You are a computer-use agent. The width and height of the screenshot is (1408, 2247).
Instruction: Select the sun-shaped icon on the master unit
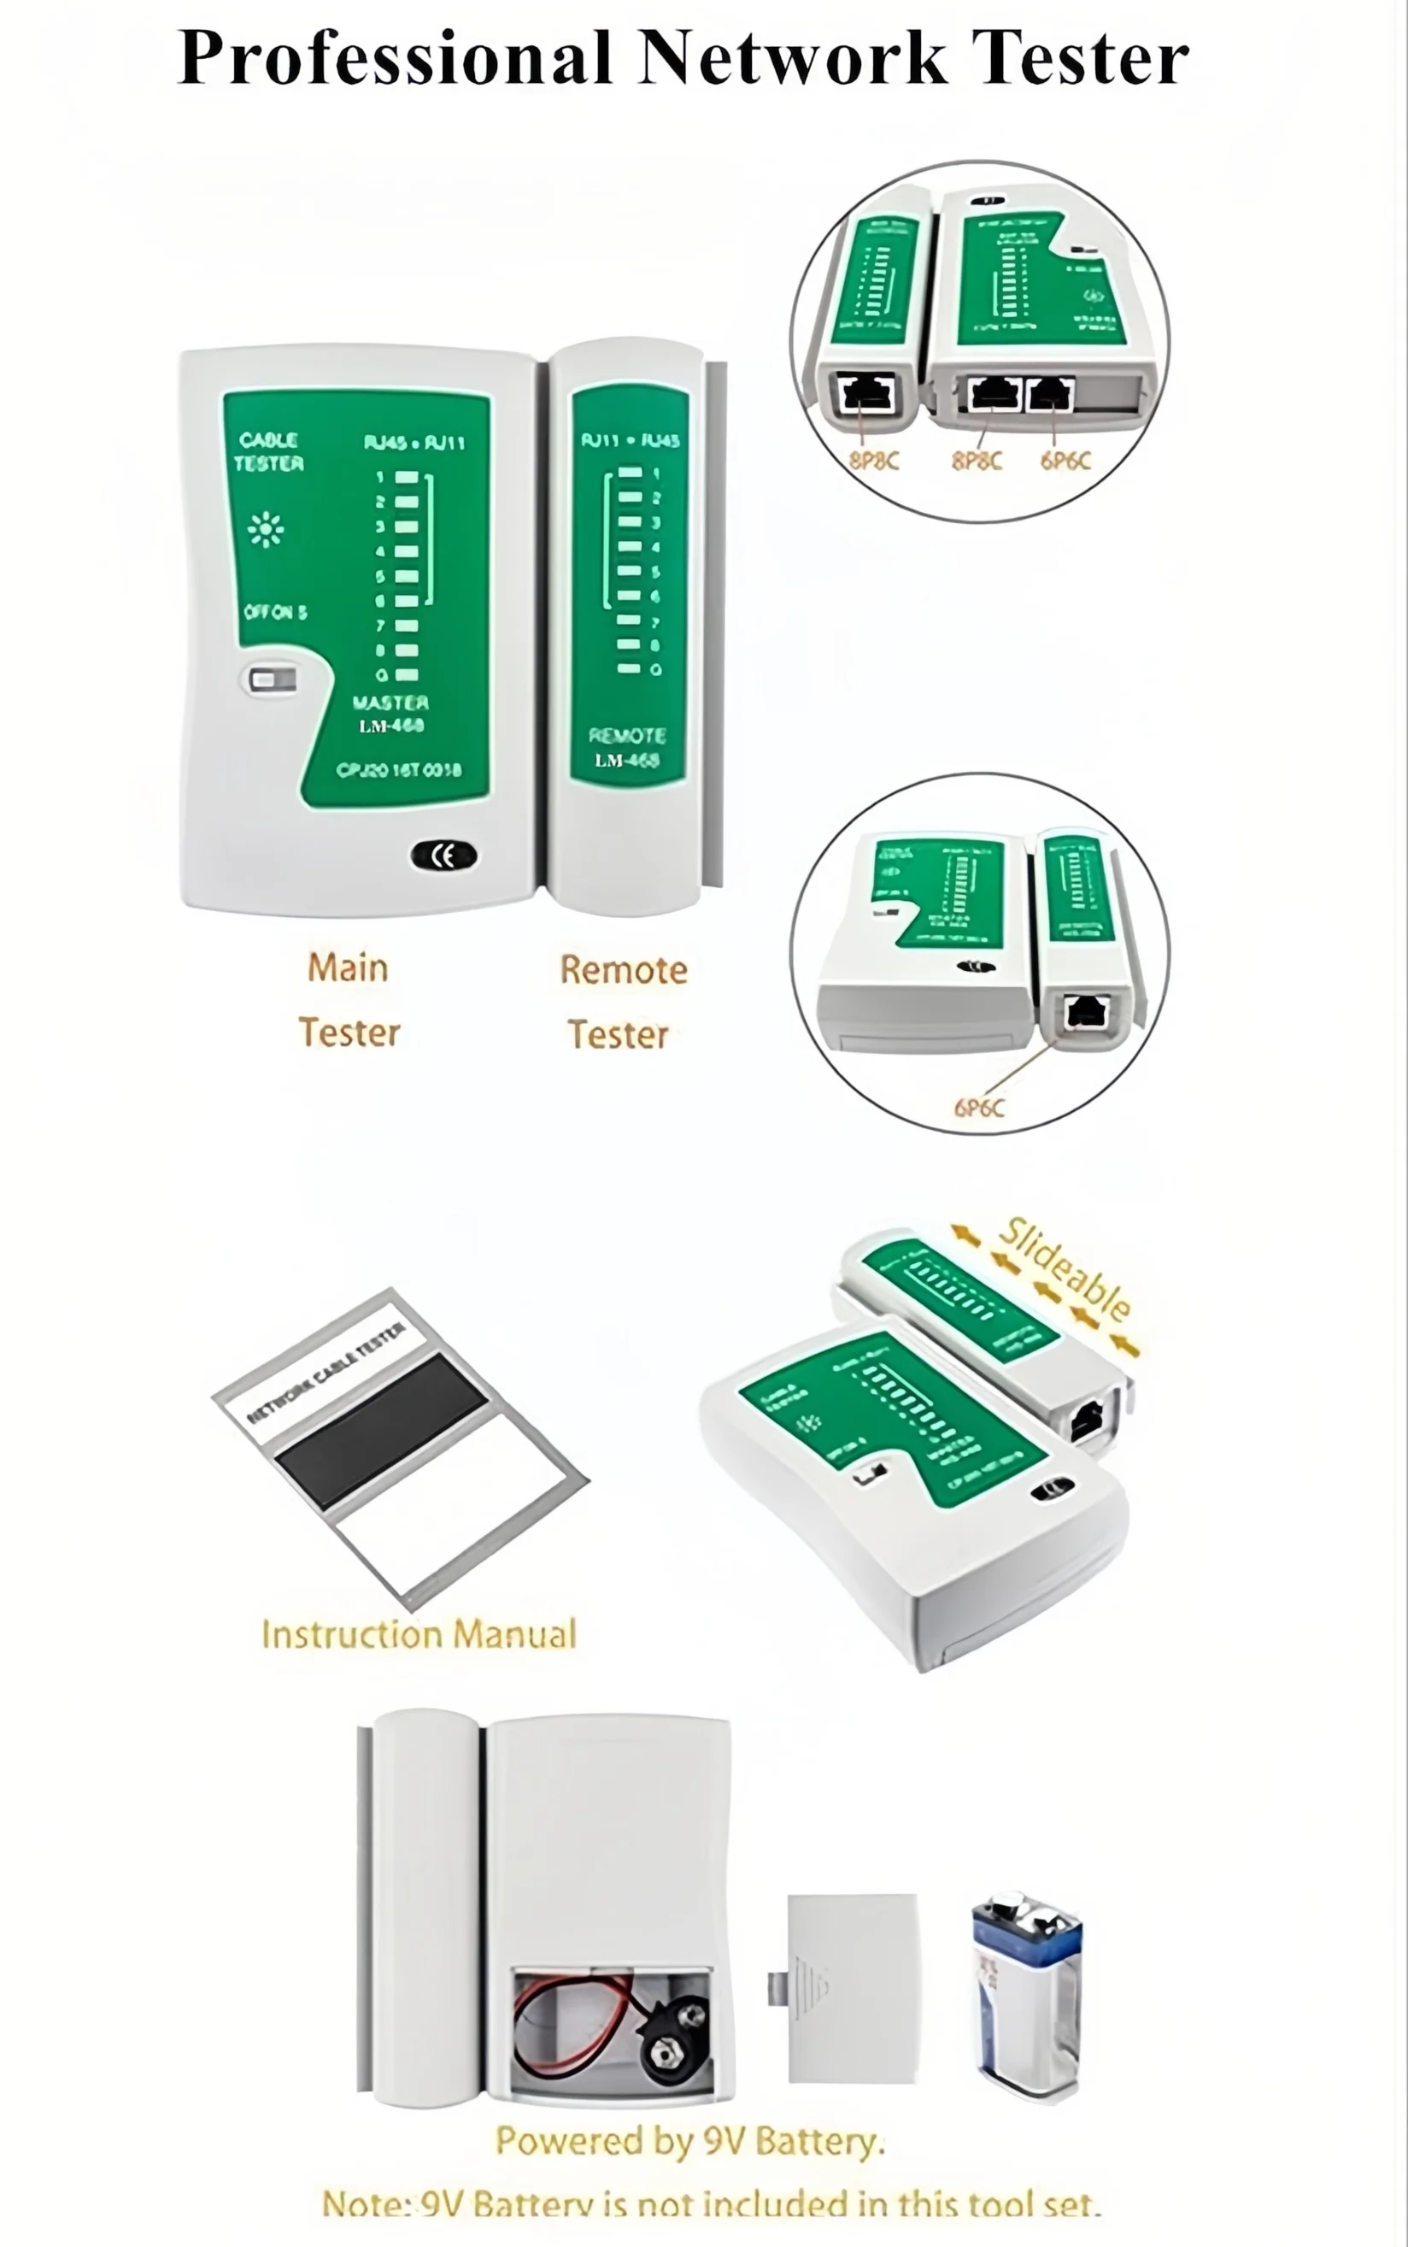click(267, 529)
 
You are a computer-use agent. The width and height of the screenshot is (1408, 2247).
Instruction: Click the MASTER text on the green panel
click(391, 703)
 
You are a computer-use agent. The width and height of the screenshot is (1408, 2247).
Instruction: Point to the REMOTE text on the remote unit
click(627, 735)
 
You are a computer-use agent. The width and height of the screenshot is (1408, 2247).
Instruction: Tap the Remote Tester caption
click(622, 1002)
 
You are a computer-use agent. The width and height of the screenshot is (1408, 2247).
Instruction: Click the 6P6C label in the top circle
click(1065, 460)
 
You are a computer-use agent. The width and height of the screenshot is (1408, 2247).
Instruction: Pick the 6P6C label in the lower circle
click(979, 1108)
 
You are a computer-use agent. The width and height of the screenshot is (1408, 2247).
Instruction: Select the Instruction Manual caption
click(419, 1634)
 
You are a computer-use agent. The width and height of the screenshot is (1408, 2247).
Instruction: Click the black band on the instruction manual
click(382, 1431)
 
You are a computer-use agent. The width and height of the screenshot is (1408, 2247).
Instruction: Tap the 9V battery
click(1027, 1994)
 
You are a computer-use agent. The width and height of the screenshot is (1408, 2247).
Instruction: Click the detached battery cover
click(851, 1986)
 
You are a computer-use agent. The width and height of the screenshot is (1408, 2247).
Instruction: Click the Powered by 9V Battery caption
click(690, 2141)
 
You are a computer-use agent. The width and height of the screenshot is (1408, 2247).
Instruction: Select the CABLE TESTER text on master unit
click(268, 451)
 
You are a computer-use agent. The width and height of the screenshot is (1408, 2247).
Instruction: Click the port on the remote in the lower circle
click(1086, 1011)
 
